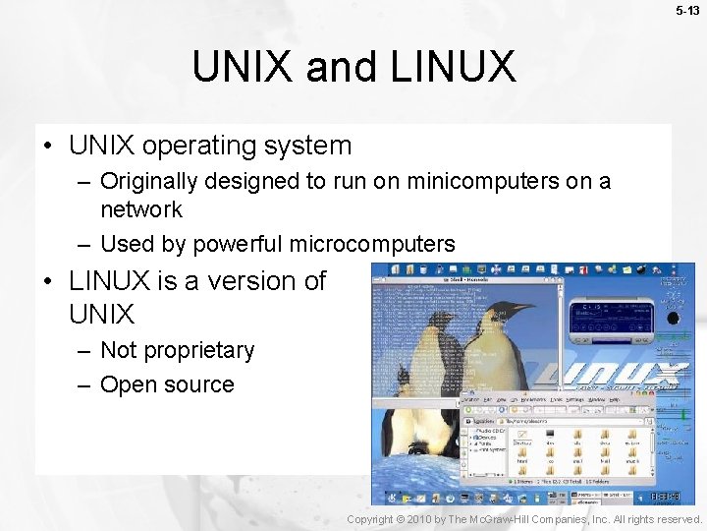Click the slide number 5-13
[689, 11]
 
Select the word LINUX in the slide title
[453, 67]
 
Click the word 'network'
[141, 209]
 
